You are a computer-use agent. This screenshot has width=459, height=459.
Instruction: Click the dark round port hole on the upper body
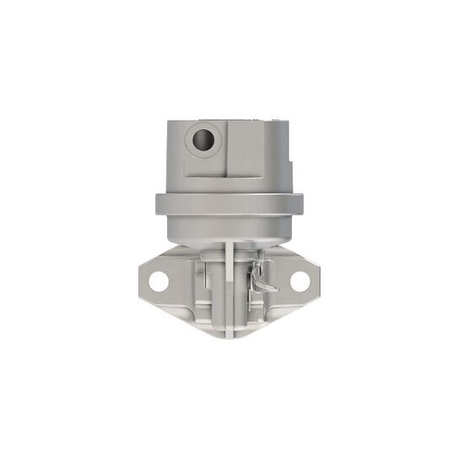203,139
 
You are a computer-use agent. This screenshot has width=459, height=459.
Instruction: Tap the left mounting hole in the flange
159,281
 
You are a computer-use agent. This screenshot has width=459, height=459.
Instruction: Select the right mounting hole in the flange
300,280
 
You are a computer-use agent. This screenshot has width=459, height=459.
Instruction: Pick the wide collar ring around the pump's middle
229,203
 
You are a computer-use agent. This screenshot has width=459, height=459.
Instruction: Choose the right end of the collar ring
300,203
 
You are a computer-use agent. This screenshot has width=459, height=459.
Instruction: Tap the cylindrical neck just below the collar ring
229,226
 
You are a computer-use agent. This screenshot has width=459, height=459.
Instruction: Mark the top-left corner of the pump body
168,123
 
